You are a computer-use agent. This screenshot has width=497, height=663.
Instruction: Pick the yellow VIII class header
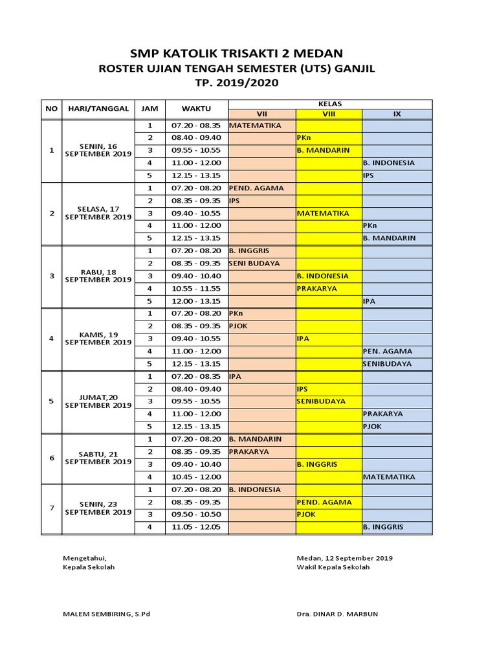click(x=328, y=114)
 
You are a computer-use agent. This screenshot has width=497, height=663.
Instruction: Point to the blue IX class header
click(x=397, y=114)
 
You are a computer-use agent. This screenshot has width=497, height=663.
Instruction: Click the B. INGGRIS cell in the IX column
click(x=383, y=527)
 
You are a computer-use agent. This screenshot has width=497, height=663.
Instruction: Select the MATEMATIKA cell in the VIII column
click(x=323, y=213)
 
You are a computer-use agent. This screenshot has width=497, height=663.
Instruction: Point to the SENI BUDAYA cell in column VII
click(x=255, y=264)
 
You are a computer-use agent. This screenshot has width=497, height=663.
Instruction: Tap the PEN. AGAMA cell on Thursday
click(x=388, y=351)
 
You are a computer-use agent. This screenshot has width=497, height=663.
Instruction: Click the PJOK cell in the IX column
click(x=373, y=426)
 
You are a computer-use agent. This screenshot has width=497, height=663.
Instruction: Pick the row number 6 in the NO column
click(x=52, y=458)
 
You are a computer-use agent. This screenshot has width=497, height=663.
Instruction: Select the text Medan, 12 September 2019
click(x=344, y=557)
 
